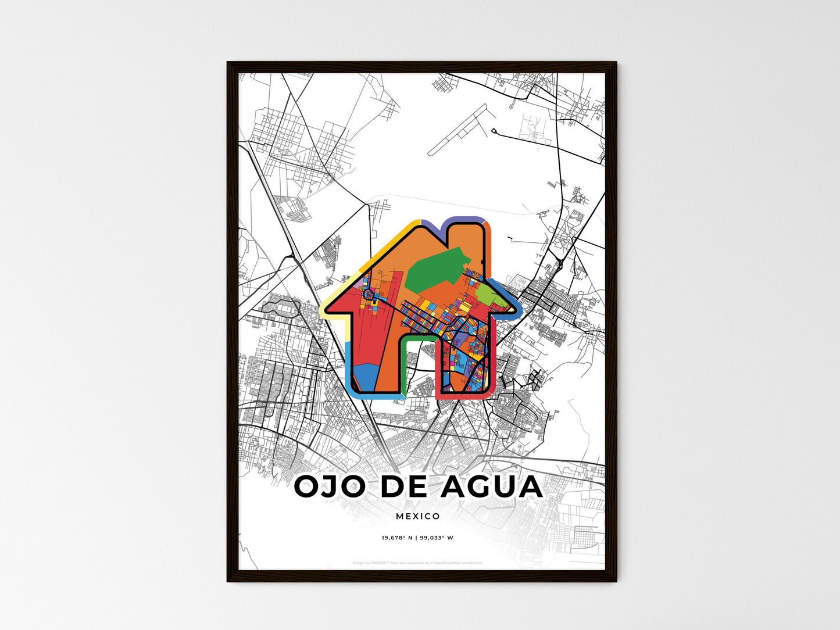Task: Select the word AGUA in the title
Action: pos(491,487)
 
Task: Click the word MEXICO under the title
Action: pos(418,516)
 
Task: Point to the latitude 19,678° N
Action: pos(397,538)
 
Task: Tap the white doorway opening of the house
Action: pos(419,360)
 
